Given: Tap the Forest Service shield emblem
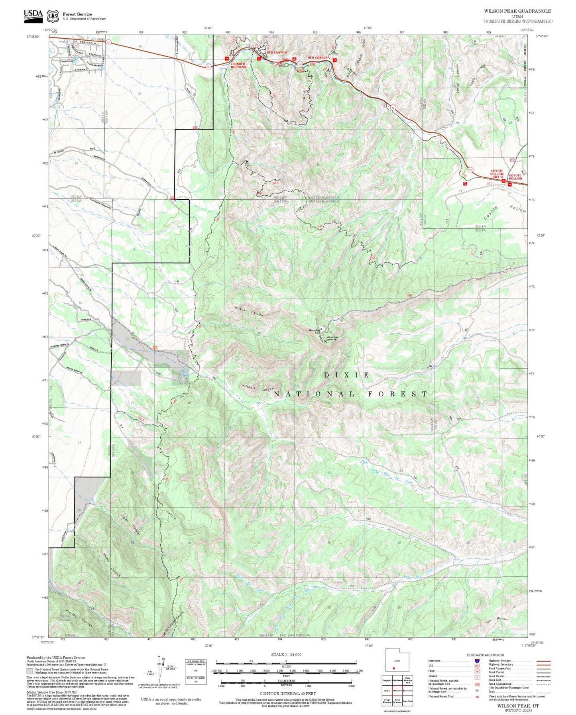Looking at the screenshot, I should (x=53, y=16).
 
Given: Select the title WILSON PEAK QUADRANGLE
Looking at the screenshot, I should (x=517, y=11).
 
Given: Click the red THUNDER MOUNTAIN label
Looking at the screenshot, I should (x=238, y=65).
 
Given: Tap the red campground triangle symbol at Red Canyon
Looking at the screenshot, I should (x=294, y=59).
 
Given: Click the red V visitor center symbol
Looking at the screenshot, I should (x=259, y=59).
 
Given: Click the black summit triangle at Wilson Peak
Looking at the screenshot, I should (x=321, y=329).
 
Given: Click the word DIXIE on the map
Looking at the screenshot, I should (x=346, y=375).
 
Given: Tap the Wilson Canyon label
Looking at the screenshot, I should (x=248, y=311).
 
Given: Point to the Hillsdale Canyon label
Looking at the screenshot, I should (x=258, y=387).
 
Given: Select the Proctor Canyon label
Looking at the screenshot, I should (x=79, y=616).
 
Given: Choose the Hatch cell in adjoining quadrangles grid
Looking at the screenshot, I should (x=387, y=691).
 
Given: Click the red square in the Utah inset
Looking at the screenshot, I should (x=393, y=668).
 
